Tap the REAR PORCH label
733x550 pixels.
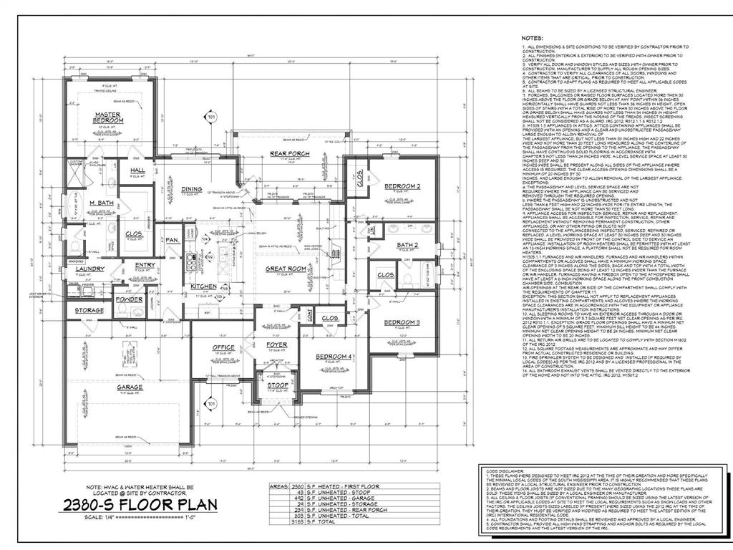288,155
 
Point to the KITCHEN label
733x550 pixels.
203,286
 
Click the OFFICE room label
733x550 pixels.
223,347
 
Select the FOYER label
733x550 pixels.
277,345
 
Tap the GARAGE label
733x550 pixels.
130,387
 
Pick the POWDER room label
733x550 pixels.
130,299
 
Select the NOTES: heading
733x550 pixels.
532,37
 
